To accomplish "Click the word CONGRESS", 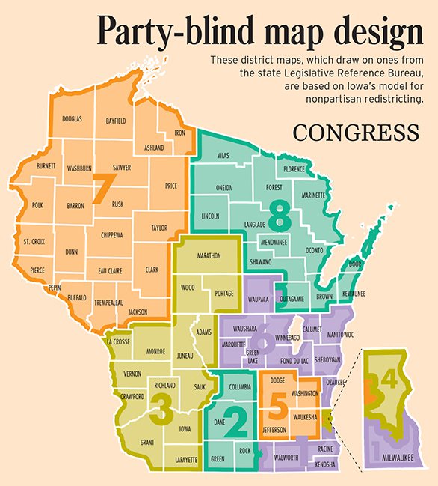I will pyautogui.click(x=356, y=133).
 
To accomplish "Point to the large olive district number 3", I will pyautogui.click(x=161, y=406).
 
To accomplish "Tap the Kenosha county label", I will pyautogui.click(x=326, y=464).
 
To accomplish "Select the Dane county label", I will pyautogui.click(x=220, y=422).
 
